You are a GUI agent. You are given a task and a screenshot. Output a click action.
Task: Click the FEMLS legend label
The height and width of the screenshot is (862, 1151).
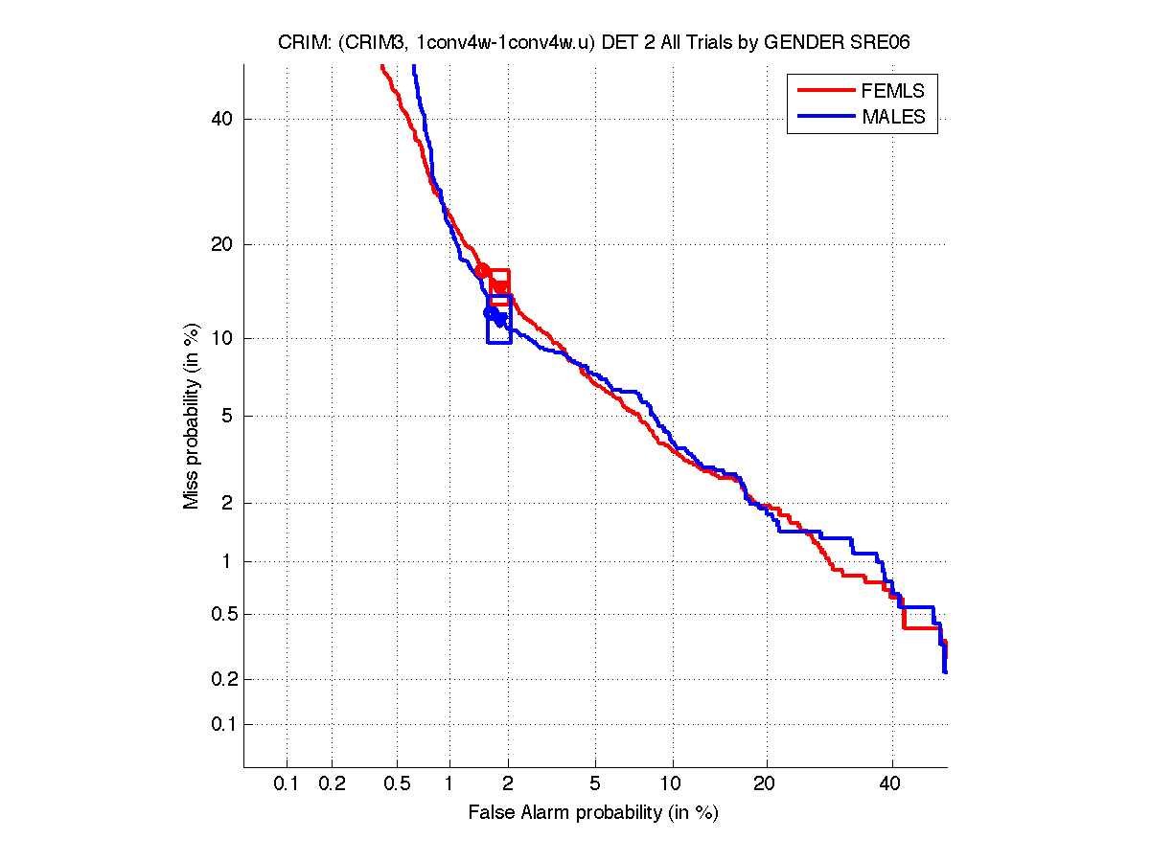click(893, 91)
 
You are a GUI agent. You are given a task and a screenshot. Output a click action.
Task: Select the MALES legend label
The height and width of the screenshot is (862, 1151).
click(893, 117)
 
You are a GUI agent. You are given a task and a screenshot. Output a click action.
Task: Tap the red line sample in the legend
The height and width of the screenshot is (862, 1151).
click(825, 91)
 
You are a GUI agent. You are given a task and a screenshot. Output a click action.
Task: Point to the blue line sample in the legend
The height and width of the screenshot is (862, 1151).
click(825, 117)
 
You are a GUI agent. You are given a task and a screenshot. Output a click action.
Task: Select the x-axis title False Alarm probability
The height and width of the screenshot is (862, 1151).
click(593, 813)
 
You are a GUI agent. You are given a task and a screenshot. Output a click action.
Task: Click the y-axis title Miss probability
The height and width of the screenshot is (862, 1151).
click(193, 417)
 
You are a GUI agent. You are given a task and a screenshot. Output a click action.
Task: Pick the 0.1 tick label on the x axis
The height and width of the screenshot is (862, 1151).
click(286, 783)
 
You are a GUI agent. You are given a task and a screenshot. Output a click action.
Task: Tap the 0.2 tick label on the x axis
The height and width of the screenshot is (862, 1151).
click(332, 783)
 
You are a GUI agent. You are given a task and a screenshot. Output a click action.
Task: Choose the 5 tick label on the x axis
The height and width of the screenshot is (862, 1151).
click(595, 783)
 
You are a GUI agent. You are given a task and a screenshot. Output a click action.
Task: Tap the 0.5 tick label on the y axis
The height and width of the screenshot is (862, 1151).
click(218, 614)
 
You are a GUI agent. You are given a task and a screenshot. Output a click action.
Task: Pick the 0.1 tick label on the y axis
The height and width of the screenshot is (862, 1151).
click(218, 724)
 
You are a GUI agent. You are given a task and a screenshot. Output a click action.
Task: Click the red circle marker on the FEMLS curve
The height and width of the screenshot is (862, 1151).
click(483, 271)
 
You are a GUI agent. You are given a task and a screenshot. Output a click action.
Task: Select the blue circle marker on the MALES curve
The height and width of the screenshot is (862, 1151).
click(491, 312)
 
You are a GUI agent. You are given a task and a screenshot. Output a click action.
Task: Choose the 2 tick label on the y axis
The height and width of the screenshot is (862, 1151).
click(226, 503)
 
